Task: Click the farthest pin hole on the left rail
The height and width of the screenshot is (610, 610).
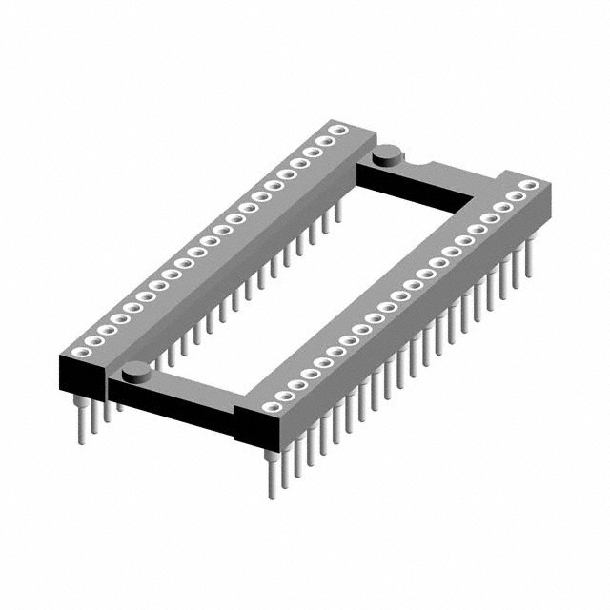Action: tap(337, 129)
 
